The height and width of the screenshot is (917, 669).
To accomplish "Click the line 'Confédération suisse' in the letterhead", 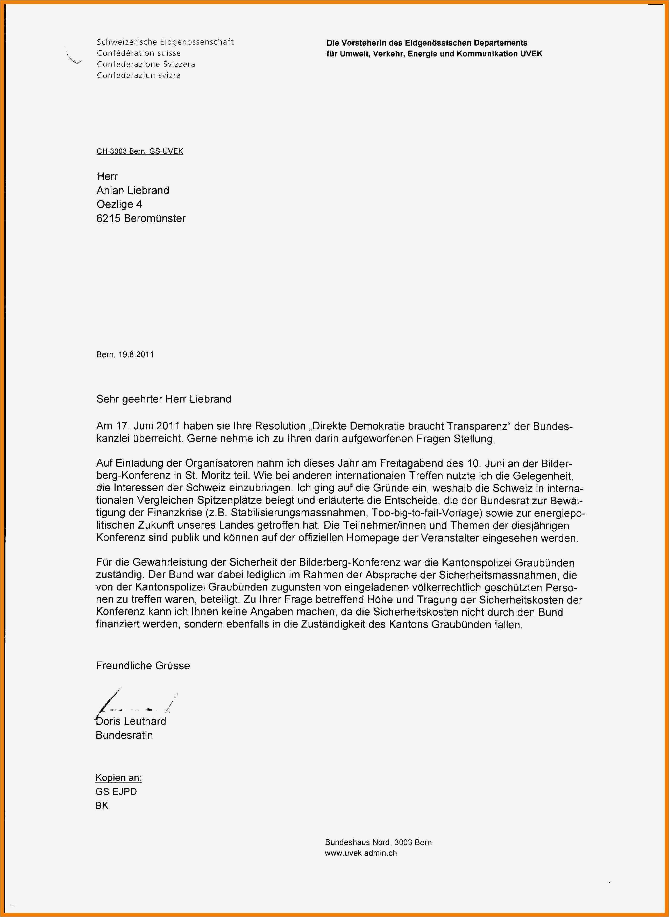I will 139,53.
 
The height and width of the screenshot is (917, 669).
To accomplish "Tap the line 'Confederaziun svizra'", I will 139,75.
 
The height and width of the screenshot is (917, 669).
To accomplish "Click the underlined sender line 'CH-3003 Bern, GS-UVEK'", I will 140,152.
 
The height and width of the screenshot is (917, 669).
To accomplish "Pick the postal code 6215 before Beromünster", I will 108,219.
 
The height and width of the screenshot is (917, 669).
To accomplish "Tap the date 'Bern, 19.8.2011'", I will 125,355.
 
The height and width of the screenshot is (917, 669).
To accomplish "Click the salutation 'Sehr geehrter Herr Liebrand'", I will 163,399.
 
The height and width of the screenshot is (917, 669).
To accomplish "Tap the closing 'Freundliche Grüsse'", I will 143,666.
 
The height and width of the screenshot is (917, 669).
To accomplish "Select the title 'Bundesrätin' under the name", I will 124,736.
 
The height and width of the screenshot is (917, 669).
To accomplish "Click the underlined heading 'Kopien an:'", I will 118,778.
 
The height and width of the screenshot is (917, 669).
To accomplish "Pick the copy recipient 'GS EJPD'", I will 116,791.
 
